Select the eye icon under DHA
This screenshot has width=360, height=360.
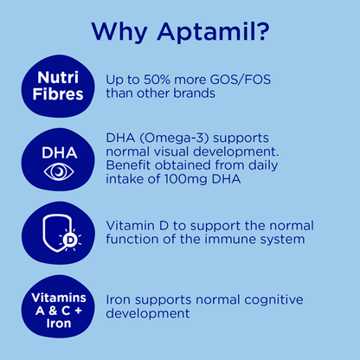point(59,170)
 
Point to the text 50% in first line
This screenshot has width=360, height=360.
point(163,78)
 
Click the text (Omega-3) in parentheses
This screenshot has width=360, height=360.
point(177,139)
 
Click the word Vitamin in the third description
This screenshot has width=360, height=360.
point(128,226)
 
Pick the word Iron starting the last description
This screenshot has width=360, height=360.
point(119,299)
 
